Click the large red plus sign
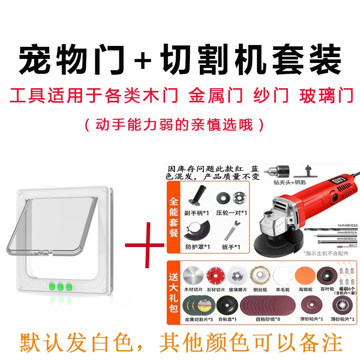pyautogui.click(x=144, y=246)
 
